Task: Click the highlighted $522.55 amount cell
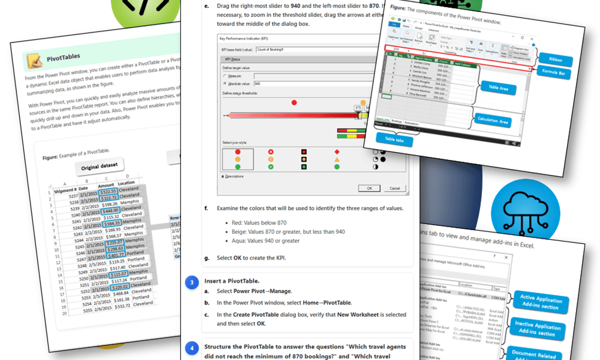point(108,191)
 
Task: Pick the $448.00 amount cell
point(109,211)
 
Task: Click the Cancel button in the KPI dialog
point(394,188)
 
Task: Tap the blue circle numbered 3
point(192,283)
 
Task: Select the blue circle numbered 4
point(192,348)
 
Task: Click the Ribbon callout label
point(555,59)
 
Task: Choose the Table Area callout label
point(498,89)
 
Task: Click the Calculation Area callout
point(492,121)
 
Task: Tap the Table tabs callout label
point(393,140)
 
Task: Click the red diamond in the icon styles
point(336,151)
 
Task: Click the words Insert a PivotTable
point(231,281)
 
